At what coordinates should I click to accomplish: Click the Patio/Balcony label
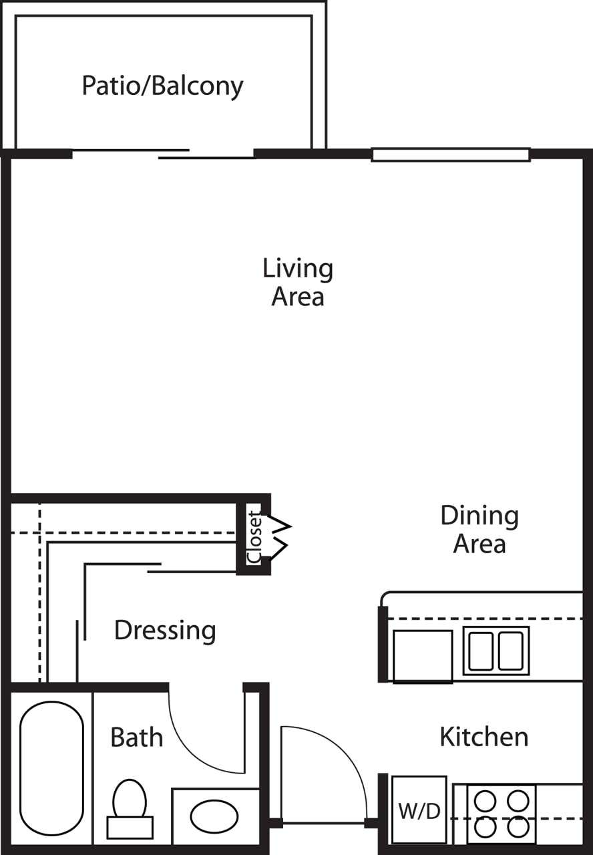pyautogui.click(x=162, y=86)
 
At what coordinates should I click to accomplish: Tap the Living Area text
pyautogui.click(x=298, y=282)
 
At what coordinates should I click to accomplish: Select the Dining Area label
pyautogui.click(x=479, y=529)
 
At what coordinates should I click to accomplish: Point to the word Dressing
pyautogui.click(x=165, y=630)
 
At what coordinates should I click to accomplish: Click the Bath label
pyautogui.click(x=136, y=737)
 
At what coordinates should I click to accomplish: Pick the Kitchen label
pyautogui.click(x=483, y=737)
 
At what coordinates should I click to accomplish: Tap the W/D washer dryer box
pyautogui.click(x=419, y=810)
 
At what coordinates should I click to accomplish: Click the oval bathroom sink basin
pyautogui.click(x=214, y=816)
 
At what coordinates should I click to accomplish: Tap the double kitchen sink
pyautogui.click(x=496, y=651)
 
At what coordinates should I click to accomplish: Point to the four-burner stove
pyautogui.click(x=501, y=814)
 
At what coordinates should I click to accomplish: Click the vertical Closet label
pyautogui.click(x=254, y=536)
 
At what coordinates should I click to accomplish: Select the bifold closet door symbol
pyautogui.click(x=278, y=536)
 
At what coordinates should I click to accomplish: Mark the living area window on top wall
pyautogui.click(x=451, y=155)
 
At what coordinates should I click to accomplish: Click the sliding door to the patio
pyautogui.click(x=163, y=154)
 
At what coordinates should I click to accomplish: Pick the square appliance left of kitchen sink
pyautogui.click(x=423, y=655)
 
